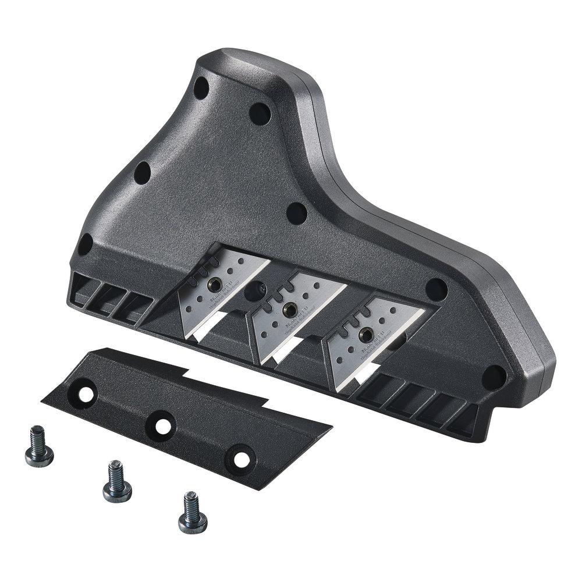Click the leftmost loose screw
39,449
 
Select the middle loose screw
117,482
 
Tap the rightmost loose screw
192,514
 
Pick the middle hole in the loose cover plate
162,425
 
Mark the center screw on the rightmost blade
365,335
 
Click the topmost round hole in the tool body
201,88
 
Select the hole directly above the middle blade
297,213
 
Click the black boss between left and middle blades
257,290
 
